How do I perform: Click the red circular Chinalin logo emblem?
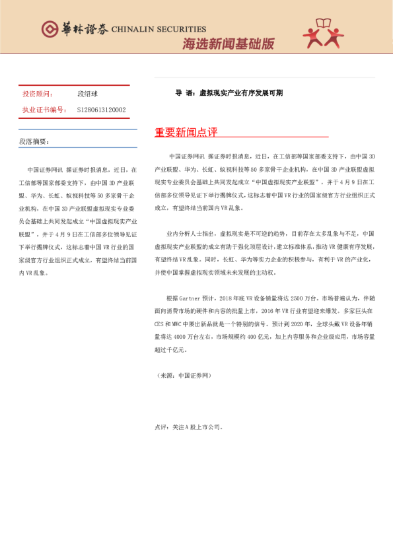pos(50,29)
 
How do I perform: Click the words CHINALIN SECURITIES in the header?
pos(159,30)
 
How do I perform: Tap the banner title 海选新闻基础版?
pos(228,44)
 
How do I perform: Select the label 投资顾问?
pos(38,94)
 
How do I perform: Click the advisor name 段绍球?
pos(88,94)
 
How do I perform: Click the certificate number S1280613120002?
pos(101,110)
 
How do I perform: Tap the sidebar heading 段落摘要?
pos(34,141)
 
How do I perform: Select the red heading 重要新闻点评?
pos(186,132)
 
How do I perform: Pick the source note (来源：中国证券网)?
pos(183,375)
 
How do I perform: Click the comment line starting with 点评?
pos(188,427)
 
